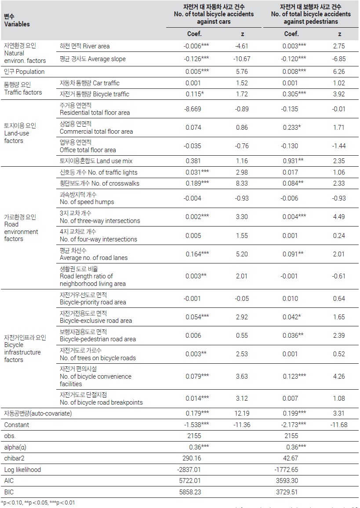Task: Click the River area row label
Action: coord(84,46)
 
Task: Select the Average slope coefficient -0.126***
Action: coord(196,58)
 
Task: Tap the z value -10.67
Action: coord(242,58)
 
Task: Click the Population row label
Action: coord(24,72)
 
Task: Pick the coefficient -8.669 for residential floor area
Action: coord(193,109)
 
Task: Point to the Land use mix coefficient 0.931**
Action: coord(293,161)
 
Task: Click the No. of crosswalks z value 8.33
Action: coord(242,183)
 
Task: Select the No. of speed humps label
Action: coord(87,198)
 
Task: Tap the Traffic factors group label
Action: coord(23,88)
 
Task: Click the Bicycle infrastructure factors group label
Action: coord(25,349)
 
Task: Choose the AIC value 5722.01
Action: coord(190,480)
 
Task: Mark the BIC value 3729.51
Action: coord(287,492)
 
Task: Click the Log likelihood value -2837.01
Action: coord(189,469)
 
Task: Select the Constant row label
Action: coord(17,425)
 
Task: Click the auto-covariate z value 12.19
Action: coord(242,413)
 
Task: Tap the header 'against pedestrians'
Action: coord(311,22)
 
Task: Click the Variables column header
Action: coord(17,20)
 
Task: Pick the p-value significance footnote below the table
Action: coord(38,502)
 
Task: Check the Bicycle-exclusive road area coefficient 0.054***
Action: coord(197,317)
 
